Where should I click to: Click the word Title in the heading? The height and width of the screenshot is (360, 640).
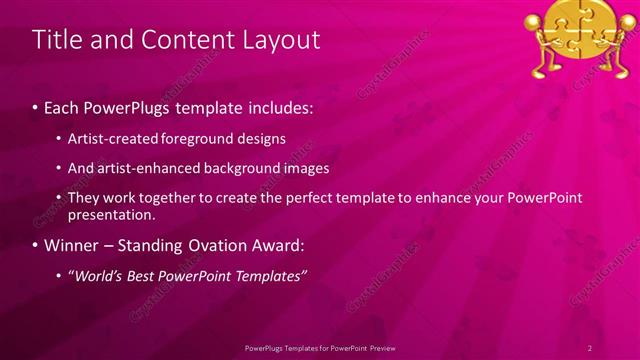pos(56,40)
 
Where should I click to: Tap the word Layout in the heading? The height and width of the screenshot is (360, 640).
pos(276,40)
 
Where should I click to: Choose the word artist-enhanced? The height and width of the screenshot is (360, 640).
pos(144,168)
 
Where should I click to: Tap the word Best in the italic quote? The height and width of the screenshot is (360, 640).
pos(146,276)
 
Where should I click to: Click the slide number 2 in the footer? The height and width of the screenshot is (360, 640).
pos(590,347)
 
